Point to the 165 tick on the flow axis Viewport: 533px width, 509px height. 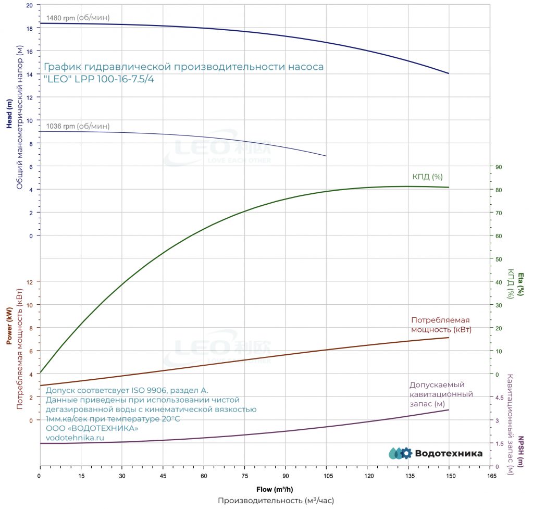coord(491,476)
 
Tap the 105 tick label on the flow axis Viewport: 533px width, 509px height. coord(328,476)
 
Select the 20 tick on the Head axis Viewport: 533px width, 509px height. coord(30,5)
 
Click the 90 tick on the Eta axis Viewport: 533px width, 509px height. coord(499,167)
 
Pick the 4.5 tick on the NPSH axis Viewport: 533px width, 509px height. coord(499,398)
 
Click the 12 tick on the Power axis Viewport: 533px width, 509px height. coord(30,282)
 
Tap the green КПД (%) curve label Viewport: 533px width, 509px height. coord(427,177)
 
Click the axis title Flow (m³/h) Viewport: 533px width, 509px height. coord(275,489)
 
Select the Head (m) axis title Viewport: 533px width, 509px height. coord(9,114)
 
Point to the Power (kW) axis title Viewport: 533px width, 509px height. coord(9,326)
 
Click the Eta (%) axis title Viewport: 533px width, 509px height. coord(520,284)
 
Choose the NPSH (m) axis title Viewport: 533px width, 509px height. coord(520,452)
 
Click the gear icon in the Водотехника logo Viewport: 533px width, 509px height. coord(406,453)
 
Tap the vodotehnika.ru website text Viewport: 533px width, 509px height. coord(75,438)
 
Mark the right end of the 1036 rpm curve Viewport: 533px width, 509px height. coord(326,156)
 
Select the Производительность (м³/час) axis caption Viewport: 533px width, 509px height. coord(276,501)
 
